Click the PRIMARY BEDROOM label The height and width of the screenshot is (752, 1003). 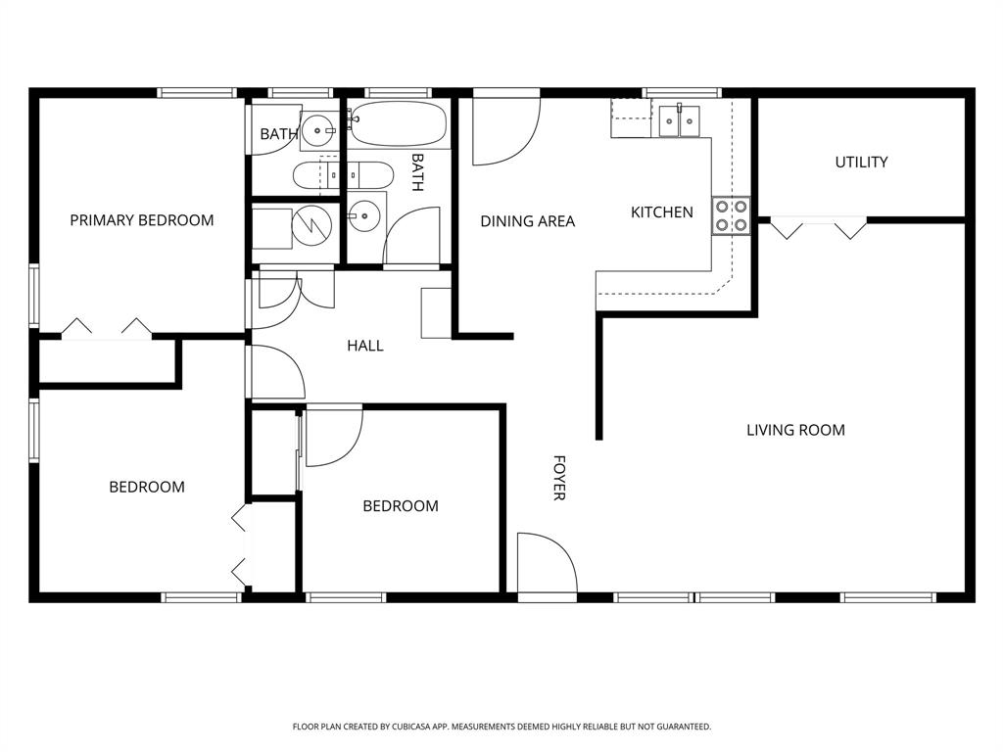[x=141, y=220]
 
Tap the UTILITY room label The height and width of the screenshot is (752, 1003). [x=861, y=163]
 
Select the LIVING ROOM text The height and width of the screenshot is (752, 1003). [x=795, y=430]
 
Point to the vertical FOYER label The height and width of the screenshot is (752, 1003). [x=559, y=478]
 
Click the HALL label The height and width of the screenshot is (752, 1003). [x=365, y=346]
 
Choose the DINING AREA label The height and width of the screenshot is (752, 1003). [x=527, y=221]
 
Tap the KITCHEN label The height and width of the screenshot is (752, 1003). [x=661, y=212]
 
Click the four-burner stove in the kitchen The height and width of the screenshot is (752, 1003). [x=731, y=215]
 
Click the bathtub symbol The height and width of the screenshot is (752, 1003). [x=399, y=125]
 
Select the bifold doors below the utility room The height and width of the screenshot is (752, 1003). [x=818, y=227]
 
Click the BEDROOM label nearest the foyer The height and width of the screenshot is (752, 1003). [x=400, y=506]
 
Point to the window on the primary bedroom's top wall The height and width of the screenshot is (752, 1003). [x=197, y=93]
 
